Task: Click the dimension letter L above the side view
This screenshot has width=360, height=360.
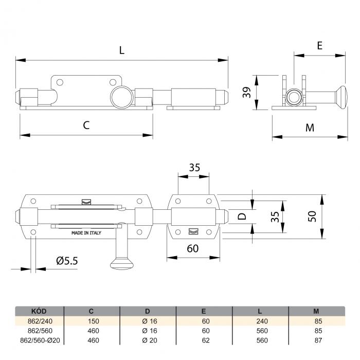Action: (x=122, y=50)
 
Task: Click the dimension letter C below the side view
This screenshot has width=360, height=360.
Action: (x=86, y=125)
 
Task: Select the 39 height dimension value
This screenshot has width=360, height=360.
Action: (x=247, y=92)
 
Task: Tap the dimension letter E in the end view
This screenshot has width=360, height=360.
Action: (x=319, y=45)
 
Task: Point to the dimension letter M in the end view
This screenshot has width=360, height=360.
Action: (x=310, y=128)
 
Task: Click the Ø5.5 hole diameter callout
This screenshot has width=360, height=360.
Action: (x=67, y=261)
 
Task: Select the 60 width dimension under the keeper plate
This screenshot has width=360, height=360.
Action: (x=193, y=248)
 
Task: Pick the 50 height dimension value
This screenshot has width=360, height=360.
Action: (x=312, y=217)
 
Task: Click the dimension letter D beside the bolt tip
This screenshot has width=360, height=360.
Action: (x=242, y=216)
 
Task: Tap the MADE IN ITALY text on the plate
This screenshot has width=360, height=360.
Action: (x=86, y=233)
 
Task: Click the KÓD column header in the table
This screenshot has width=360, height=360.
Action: (x=39, y=311)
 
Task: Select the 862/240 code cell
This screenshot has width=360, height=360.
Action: (x=40, y=321)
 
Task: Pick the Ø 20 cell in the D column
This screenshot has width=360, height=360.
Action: (x=150, y=340)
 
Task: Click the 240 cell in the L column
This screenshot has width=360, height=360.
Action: (x=262, y=321)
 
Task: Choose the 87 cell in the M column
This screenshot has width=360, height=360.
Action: (x=318, y=340)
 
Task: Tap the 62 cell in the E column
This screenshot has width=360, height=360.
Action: (x=206, y=340)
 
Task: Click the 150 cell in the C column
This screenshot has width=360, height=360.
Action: (x=93, y=321)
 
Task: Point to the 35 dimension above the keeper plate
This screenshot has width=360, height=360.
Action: (x=194, y=168)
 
